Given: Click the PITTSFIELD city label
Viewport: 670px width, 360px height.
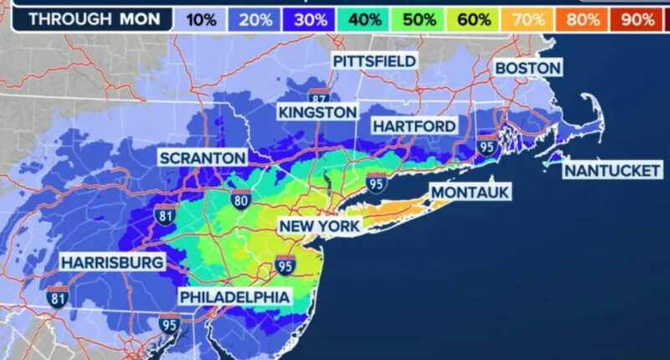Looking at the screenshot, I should tap(374, 61).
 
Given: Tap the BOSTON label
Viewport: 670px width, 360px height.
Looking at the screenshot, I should tap(528, 67).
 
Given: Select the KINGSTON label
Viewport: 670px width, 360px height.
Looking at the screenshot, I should tap(317, 112).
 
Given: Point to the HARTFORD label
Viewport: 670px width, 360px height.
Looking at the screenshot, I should tap(415, 126).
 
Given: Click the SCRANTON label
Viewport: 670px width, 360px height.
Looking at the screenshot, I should tap(204, 157).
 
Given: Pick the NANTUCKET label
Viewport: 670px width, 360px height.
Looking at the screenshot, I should tap(612, 170).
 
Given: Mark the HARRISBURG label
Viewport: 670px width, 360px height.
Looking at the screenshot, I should tap(111, 263).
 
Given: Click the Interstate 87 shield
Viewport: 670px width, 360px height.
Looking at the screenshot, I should tap(317, 95).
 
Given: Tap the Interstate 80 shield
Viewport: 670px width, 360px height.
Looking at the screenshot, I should tap(241, 199).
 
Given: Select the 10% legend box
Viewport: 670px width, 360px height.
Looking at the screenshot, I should tap(203, 18).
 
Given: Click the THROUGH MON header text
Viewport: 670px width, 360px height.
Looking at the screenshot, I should tap(87, 18).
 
